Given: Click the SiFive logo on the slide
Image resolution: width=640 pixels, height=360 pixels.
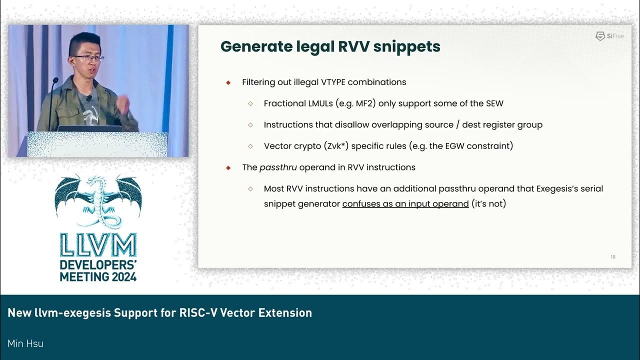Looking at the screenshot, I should tap(609, 36).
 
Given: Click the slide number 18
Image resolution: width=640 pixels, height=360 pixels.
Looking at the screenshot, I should tap(613, 257).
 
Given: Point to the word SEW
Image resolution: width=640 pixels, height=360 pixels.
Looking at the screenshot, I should tap(494, 103).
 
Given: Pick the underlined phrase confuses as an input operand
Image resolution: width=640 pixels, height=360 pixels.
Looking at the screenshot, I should tap(405, 204).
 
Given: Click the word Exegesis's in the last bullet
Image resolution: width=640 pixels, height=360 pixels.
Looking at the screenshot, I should tap(559, 189).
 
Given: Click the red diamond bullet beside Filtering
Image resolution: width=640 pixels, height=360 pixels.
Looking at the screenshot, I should tap(228, 82).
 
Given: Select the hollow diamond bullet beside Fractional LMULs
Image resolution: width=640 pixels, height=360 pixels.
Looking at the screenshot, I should tap(251, 103).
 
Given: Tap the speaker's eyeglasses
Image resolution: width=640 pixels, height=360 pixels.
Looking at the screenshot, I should tap(90, 58).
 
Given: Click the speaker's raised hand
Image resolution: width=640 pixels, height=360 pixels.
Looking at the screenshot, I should tap(122, 105).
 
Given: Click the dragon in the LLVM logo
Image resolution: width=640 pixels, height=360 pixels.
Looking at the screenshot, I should tap(98, 200).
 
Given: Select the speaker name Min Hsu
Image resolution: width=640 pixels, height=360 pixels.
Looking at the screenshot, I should tap(25, 343).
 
